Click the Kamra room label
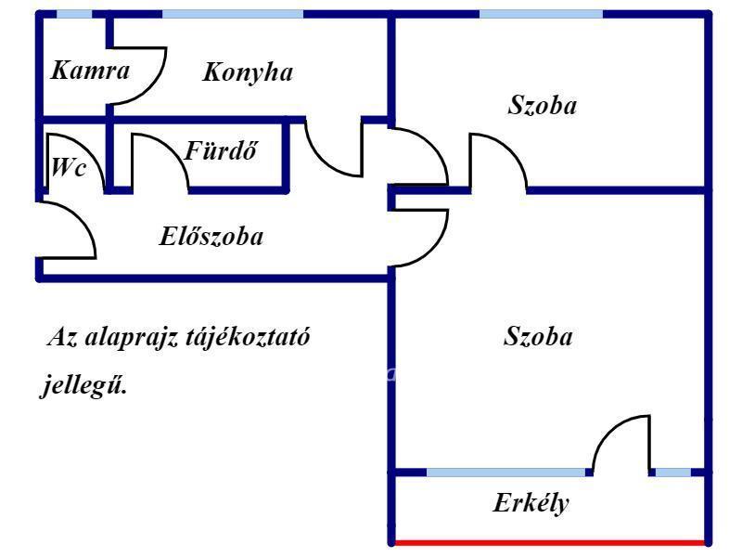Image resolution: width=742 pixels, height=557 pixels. tap(90, 71)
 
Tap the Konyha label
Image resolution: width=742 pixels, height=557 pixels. tap(248, 73)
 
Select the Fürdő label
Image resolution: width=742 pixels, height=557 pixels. tap(221, 150)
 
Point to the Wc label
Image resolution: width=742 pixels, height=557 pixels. tap(69, 167)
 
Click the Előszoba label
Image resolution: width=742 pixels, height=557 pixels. tap(211, 236)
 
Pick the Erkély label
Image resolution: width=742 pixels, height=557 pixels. tap(531, 503)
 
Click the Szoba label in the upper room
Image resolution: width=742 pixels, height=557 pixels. tap(543, 105)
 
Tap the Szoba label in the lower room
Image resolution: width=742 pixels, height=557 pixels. tap(538, 336)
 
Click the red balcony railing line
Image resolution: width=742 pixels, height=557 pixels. tap(550, 542)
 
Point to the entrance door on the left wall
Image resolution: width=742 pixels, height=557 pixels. tap(82, 219)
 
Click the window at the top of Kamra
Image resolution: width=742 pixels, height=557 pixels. tap(74, 14)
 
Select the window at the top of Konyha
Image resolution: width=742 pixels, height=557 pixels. tap(233, 14)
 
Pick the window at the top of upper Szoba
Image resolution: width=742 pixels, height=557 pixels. tap(542, 14)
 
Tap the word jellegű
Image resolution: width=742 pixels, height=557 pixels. tap(83, 384)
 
